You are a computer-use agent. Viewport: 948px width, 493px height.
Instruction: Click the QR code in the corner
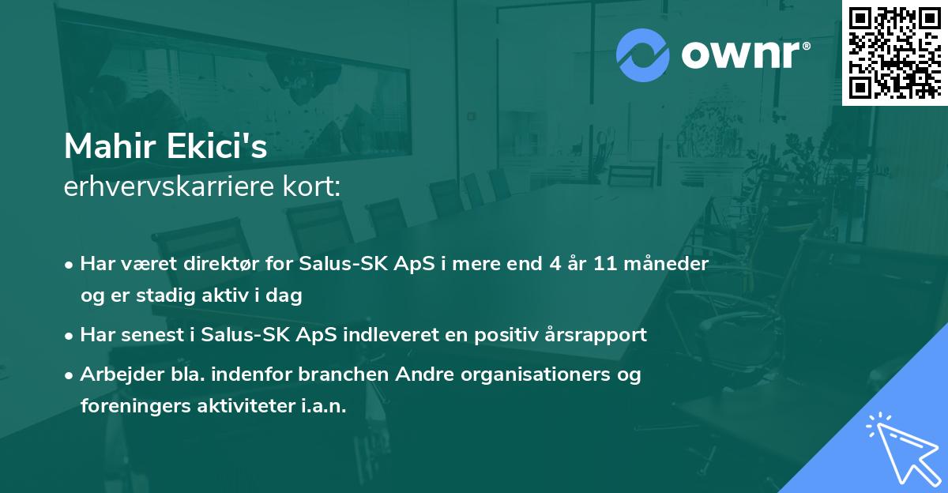tap(894, 51)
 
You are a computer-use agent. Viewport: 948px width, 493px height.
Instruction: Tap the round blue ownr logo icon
tap(643, 54)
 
